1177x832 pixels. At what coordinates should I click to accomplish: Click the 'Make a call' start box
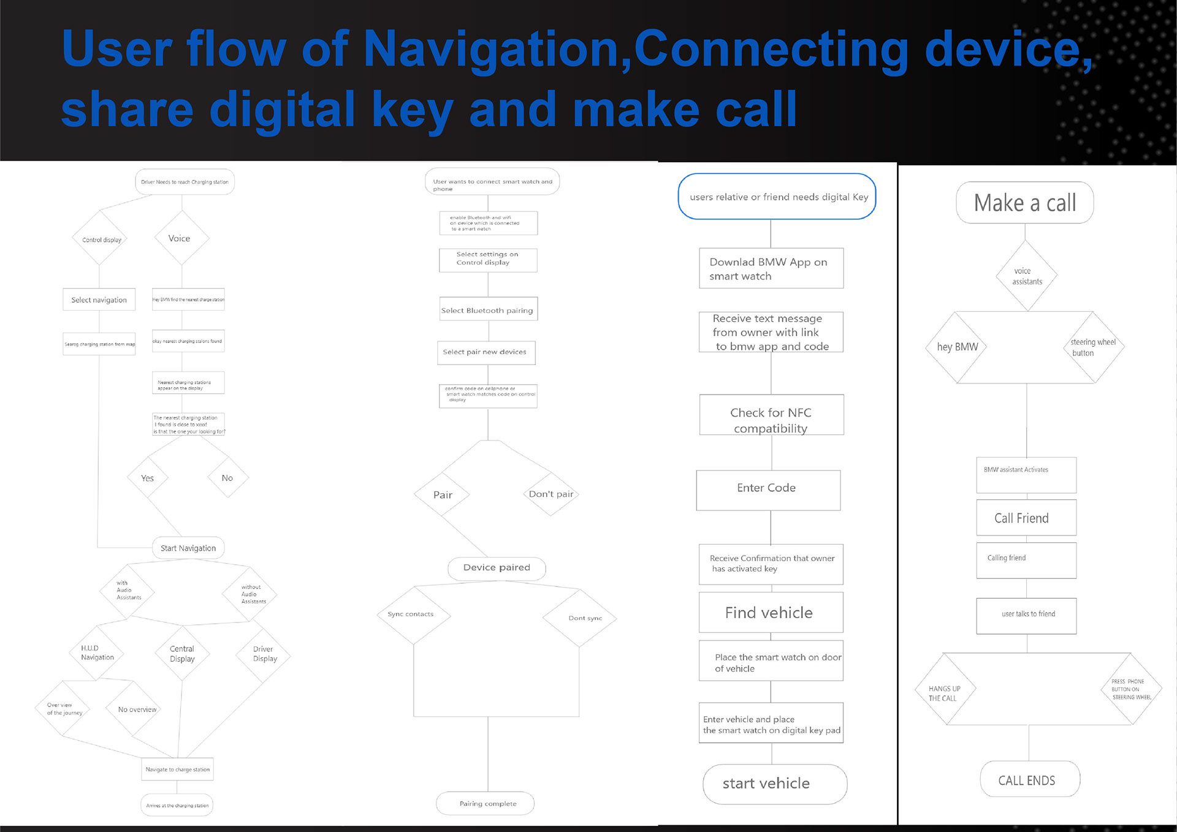[x=1024, y=203]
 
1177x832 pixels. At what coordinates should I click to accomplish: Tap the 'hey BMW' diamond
[x=956, y=347]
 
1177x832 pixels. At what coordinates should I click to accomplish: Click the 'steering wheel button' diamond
[x=1093, y=347]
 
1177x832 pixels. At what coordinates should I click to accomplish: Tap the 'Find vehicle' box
[x=771, y=613]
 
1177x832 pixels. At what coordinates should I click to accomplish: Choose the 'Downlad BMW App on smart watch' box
[x=771, y=268]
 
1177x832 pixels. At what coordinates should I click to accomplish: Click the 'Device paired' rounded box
[x=497, y=568]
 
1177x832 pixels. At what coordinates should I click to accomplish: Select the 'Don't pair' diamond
[x=550, y=494]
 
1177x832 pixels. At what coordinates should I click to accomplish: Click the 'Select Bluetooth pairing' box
[x=488, y=310]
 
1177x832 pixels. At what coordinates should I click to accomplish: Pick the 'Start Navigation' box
[x=188, y=548]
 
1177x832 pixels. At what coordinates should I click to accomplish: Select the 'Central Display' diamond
[x=182, y=653]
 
